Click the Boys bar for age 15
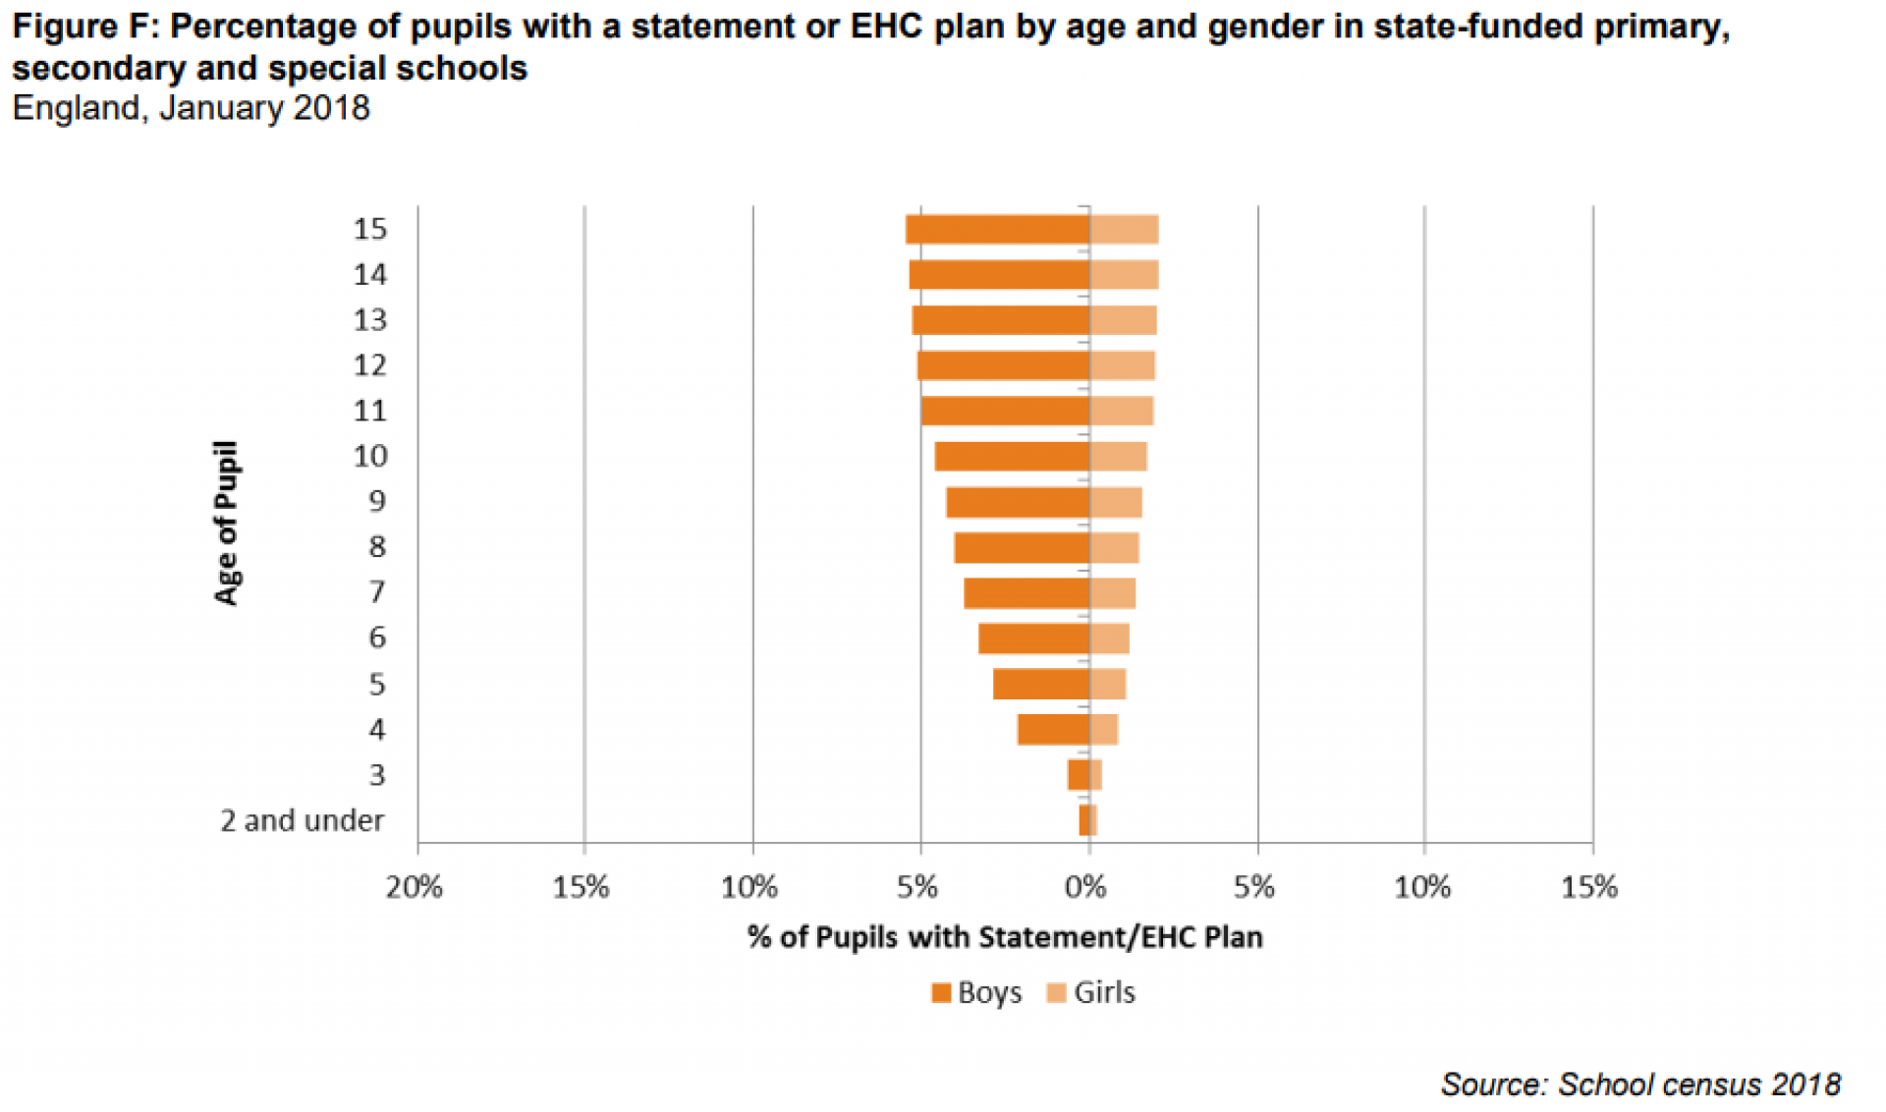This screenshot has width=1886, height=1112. pyautogui.click(x=997, y=229)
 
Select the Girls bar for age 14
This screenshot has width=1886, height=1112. pyautogui.click(x=1124, y=275)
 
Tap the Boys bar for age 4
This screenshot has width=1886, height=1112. pyautogui.click(x=1053, y=730)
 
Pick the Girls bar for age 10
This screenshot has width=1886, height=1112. pyautogui.click(x=1118, y=457)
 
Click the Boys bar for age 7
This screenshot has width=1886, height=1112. pyautogui.click(x=1026, y=593)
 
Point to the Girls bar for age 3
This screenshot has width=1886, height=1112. pyautogui.click(x=1096, y=775)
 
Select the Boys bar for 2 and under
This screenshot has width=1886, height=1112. pyautogui.click(x=1083, y=820)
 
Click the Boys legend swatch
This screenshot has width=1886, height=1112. pyautogui.click(x=941, y=993)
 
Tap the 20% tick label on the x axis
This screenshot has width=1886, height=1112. pyautogui.click(x=414, y=888)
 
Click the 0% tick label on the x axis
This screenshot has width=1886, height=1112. pyautogui.click(x=1085, y=888)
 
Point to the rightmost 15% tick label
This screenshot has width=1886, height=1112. pyautogui.click(x=1588, y=888)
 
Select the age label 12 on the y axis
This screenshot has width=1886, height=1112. pyautogui.click(x=370, y=365)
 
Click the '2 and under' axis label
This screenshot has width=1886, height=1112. pyautogui.click(x=302, y=820)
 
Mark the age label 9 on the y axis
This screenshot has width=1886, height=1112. pyautogui.click(x=377, y=502)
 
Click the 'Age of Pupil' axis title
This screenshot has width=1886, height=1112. pyautogui.click(x=227, y=523)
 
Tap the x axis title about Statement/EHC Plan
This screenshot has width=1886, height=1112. pyautogui.click(x=1005, y=937)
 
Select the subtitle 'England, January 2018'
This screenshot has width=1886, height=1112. pyautogui.click(x=191, y=108)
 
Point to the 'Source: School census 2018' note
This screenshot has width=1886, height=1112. pyautogui.click(x=1639, y=1084)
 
